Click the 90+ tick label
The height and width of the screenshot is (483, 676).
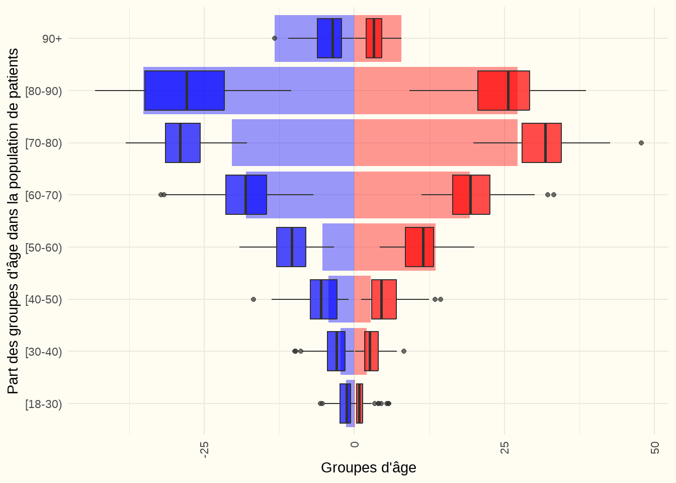coord(52,38)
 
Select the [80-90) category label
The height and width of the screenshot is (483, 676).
coord(44,91)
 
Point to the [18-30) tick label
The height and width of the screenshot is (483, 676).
coord(44,404)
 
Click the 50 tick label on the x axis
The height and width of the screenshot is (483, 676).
coord(654,448)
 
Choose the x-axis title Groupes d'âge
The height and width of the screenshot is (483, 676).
coord(368,468)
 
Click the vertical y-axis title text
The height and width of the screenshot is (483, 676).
coord(13,221)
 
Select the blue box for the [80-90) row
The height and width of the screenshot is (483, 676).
coord(184,91)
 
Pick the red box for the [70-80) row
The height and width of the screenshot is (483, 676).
coord(541,143)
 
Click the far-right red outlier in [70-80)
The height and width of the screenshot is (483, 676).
coord(641,143)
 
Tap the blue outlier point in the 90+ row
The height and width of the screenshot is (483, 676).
coord(275,38)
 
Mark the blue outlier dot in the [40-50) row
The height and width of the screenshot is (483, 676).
coord(253,299)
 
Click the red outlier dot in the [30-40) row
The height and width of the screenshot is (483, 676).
coord(403,351)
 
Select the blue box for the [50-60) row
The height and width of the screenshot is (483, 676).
coord(291,247)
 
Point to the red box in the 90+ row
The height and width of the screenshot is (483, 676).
coord(374,38)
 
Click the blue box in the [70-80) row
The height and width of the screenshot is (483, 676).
coord(183,143)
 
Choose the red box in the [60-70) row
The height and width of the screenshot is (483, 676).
coord(471,195)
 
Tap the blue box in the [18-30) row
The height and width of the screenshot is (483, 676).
coord(345,404)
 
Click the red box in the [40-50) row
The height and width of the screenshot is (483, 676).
coord(384,299)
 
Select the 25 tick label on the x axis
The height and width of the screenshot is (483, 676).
coord(504,448)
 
